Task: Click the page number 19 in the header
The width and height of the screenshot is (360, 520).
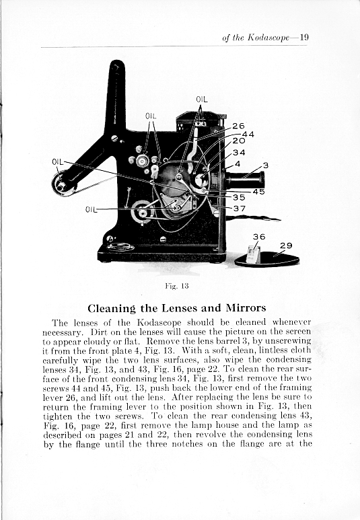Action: tap(304, 37)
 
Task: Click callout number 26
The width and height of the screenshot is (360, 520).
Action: tap(238, 126)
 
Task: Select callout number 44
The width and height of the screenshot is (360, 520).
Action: tap(248, 134)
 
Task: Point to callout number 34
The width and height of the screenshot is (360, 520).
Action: tap(239, 152)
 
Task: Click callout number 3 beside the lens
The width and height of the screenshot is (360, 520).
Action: tap(265, 165)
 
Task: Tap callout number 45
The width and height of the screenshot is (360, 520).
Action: tap(259, 192)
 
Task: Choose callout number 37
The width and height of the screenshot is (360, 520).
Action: tap(240, 209)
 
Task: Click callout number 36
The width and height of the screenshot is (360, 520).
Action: tap(259, 236)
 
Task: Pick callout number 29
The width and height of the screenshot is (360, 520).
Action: tap(286, 246)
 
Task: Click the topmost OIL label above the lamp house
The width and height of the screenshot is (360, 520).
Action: tap(202, 99)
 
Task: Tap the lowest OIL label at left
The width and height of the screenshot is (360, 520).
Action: tap(91, 209)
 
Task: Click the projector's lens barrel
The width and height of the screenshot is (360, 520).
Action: tap(245, 180)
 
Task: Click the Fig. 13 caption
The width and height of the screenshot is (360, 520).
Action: tap(177, 286)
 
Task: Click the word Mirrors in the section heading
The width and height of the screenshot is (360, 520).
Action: tap(246, 308)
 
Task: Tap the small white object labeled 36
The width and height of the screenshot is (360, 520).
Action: tap(254, 254)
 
